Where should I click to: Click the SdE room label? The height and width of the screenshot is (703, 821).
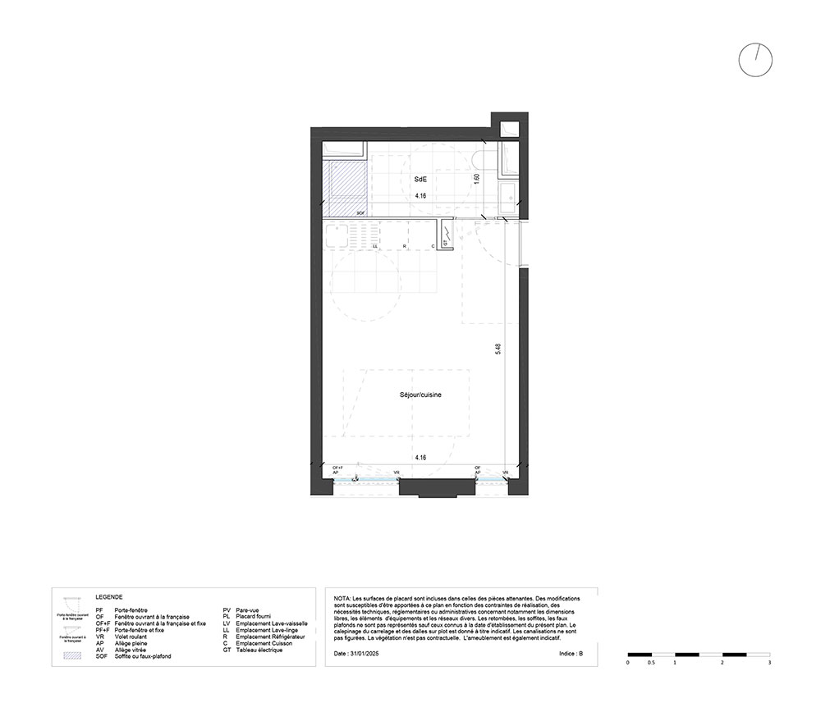coord(420,179)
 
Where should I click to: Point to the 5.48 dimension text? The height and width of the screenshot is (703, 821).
coord(498,349)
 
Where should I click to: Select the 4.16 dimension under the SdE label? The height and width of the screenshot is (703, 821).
coord(420,197)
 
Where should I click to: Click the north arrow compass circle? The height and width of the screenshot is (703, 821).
coord(755,60)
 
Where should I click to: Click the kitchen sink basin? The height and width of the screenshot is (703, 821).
coord(337,236)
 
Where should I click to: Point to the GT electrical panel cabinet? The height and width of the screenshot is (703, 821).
coord(446,234)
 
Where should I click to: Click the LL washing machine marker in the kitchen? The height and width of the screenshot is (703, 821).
coord(375,246)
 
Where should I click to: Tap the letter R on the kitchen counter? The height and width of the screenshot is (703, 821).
coord(404,246)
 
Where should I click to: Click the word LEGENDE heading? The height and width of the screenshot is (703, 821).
coord(108,598)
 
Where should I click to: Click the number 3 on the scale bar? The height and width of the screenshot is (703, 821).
coord(768,661)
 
